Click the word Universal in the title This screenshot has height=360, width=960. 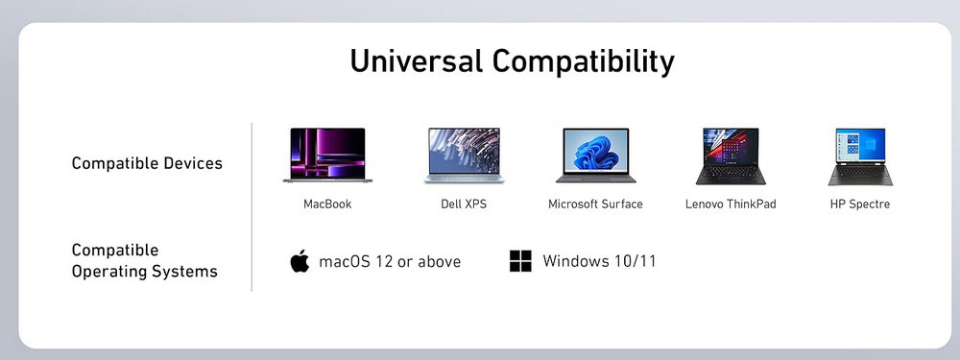click(416, 61)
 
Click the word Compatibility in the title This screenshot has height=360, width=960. click(584, 62)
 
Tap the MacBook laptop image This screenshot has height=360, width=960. click(327, 155)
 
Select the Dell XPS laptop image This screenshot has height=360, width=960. click(464, 156)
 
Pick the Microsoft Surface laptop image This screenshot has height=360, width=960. click(596, 156)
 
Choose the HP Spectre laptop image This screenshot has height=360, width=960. click(860, 156)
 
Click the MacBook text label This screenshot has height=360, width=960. click(327, 204)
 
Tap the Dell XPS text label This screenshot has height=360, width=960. click(464, 204)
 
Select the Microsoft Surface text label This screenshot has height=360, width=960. click(596, 204)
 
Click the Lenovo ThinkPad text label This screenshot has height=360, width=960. click(731, 204)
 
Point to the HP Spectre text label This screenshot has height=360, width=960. click(860, 204)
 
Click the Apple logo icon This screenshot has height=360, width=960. click(300, 261)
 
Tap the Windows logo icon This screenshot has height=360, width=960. click(520, 261)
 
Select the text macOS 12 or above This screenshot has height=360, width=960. click(390, 262)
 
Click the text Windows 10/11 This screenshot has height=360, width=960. click(599, 261)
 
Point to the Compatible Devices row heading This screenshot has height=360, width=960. click(147, 163)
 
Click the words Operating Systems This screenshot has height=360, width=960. click(145, 272)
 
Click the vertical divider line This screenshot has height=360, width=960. click(252, 207)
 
